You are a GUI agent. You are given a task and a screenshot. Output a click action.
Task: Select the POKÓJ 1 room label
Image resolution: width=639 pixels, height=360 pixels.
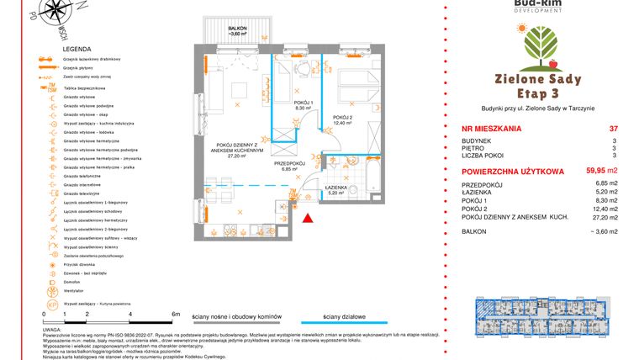pos(304,103)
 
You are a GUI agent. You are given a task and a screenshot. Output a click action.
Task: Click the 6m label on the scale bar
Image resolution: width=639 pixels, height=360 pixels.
pos(175,313)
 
